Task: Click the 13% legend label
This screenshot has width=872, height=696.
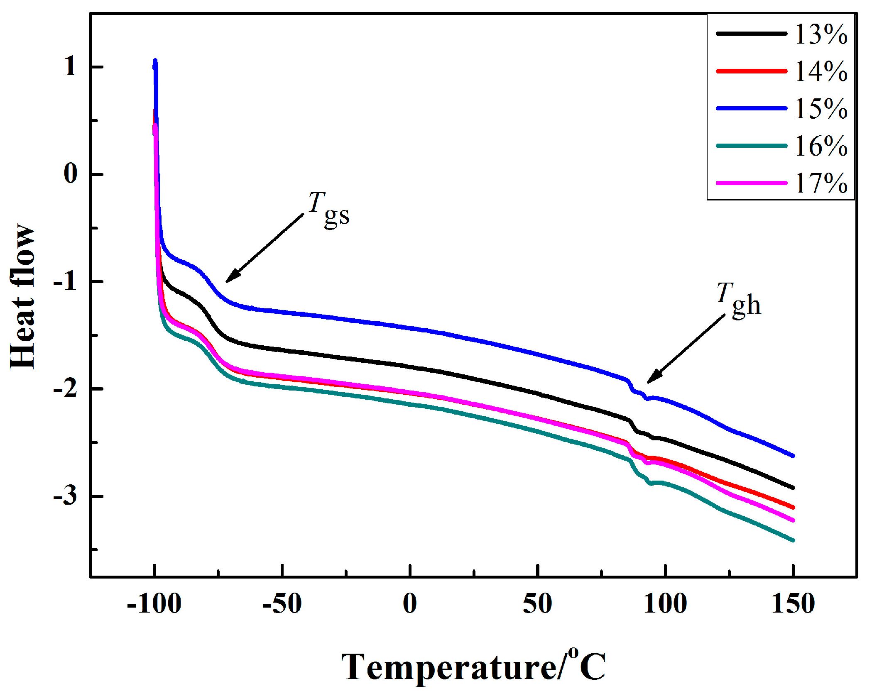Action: (x=821, y=34)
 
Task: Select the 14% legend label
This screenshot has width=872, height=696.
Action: (x=821, y=71)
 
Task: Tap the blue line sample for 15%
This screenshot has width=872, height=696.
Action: (x=752, y=108)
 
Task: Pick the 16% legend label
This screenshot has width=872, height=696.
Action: (x=821, y=146)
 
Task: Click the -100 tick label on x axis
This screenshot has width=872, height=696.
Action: (x=154, y=603)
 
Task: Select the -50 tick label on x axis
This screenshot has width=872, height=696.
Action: (x=282, y=603)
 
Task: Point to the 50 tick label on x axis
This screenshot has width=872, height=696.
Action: (x=537, y=603)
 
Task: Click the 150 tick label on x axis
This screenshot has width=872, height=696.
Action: (x=793, y=603)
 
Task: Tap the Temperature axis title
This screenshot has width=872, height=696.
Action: (x=473, y=667)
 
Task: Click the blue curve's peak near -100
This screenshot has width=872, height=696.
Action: (x=155, y=61)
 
